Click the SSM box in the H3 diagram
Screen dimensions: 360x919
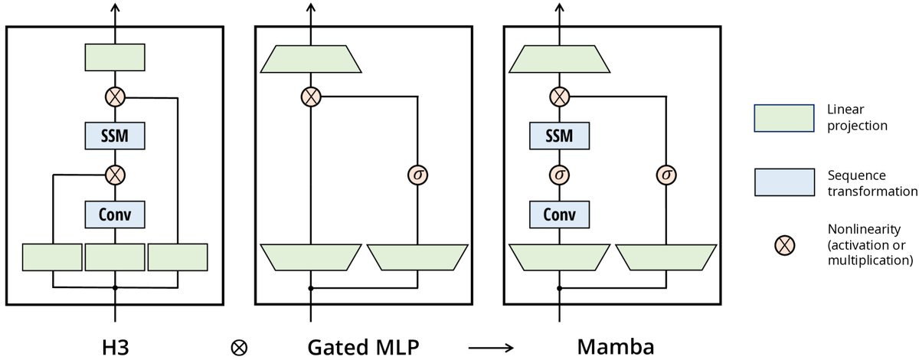pyautogui.click(x=115, y=136)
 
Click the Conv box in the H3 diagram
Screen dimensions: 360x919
pyautogui.click(x=115, y=215)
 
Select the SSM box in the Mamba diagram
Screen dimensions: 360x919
pyautogui.click(x=561, y=136)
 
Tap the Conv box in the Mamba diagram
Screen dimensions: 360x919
pyautogui.click(x=561, y=215)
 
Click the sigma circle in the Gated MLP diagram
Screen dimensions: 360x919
pyautogui.click(x=417, y=175)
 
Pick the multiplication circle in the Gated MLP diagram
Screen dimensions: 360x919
pyautogui.click(x=311, y=97)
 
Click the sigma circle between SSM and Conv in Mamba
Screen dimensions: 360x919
pyautogui.click(x=561, y=175)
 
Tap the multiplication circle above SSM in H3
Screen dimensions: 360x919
pyautogui.click(x=115, y=97)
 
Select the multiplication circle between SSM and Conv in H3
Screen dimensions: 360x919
pyautogui.click(x=115, y=175)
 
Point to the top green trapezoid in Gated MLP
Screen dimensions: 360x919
pyautogui.click(x=311, y=59)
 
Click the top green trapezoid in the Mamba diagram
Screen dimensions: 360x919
pyautogui.click(x=561, y=59)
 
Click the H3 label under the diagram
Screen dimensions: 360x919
pyautogui.click(x=115, y=346)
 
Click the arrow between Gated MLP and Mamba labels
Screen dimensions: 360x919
pyautogui.click(x=492, y=348)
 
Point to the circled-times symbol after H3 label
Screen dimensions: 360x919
pyautogui.click(x=239, y=347)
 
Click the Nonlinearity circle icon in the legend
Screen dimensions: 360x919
pyautogui.click(x=785, y=245)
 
